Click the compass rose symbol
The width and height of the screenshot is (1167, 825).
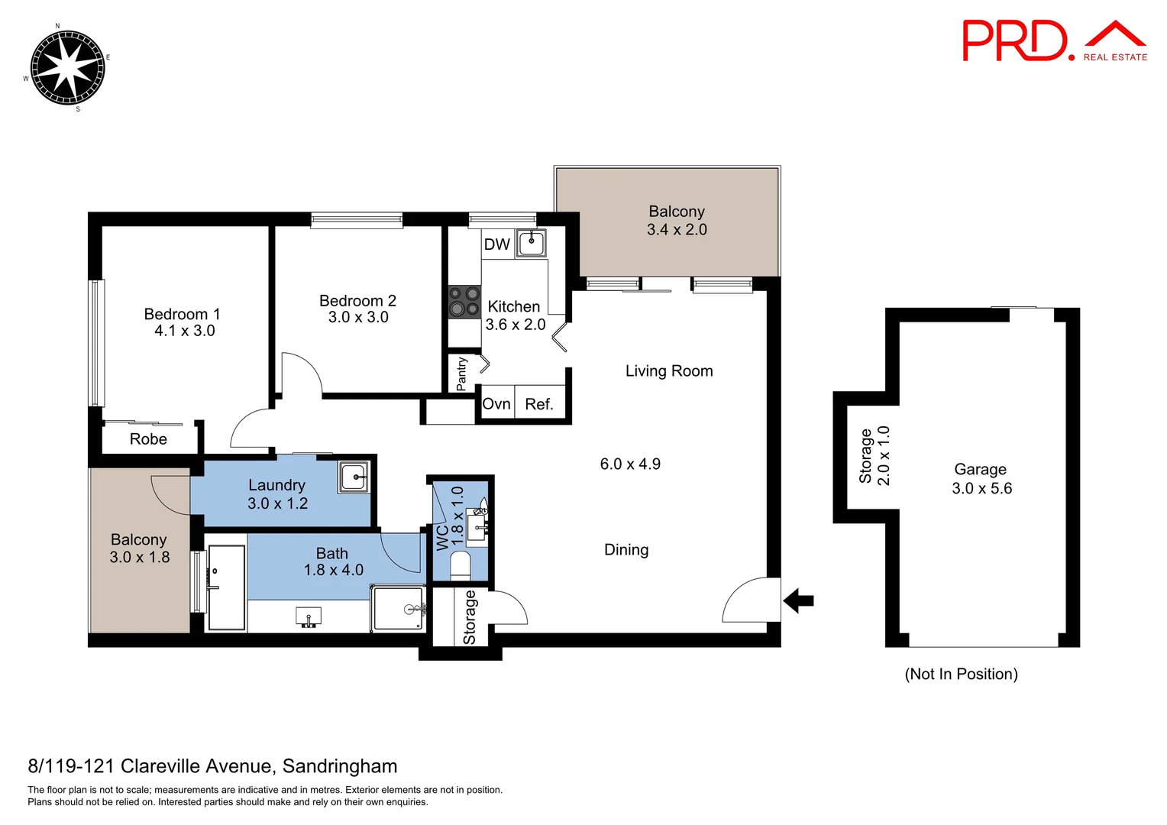[66, 67]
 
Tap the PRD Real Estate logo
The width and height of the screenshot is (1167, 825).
[1054, 41]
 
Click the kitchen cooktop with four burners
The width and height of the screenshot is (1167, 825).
[464, 301]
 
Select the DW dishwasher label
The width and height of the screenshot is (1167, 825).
[496, 244]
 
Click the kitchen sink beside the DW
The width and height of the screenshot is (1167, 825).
[531, 244]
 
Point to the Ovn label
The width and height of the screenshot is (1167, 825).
[496, 404]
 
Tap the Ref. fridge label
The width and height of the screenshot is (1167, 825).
[539, 404]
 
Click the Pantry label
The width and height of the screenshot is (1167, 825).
[461, 374]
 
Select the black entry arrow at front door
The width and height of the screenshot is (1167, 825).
[799, 600]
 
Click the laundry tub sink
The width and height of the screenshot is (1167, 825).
[353, 477]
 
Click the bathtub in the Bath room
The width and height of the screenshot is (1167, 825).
[227, 587]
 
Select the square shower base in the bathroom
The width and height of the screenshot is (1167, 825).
[398, 608]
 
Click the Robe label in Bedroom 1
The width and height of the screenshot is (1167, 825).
[148, 439]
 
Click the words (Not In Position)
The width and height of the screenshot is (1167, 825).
[961, 674]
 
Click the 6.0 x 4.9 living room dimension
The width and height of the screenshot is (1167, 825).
[630, 464]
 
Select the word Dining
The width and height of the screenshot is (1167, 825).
[626, 550]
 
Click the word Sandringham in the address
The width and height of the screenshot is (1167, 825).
[340, 766]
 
